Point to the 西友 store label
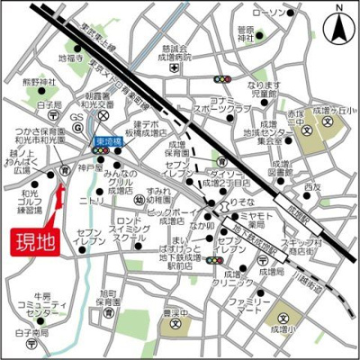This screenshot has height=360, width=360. point(312,187)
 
